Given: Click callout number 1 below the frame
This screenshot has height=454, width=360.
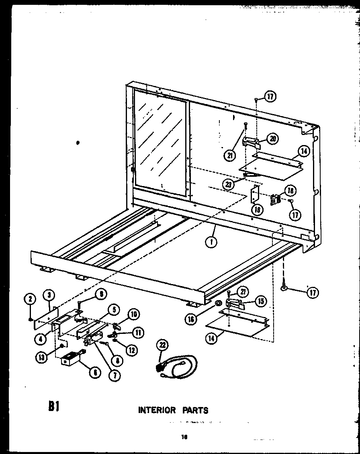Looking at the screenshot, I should point(211,243).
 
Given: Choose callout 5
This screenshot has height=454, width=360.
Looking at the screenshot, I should point(114,309).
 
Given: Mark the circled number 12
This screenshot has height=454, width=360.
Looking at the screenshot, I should point(131,350).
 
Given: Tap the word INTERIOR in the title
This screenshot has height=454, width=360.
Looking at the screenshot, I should point(157,410).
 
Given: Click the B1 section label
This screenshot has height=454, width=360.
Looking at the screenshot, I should point(54,407).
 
